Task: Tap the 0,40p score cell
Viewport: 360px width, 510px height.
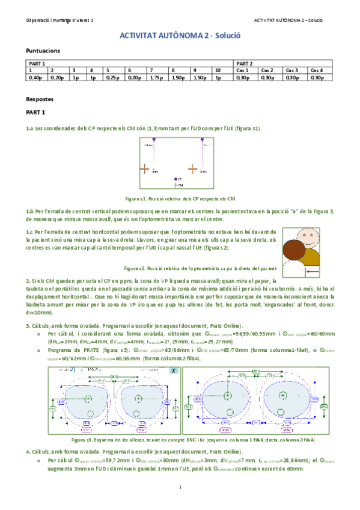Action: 35,78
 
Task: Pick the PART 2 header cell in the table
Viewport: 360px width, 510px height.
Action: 244,63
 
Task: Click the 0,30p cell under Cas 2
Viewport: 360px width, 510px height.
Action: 267,78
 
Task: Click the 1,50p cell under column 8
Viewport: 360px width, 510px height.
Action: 177,78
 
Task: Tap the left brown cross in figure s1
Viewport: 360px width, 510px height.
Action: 145,170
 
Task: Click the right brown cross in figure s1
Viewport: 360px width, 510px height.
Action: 194,170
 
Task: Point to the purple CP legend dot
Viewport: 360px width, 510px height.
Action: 175,179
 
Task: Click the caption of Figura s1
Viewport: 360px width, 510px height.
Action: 180,198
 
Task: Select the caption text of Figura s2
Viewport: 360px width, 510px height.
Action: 200,268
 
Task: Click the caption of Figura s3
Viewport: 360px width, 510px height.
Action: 180,440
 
